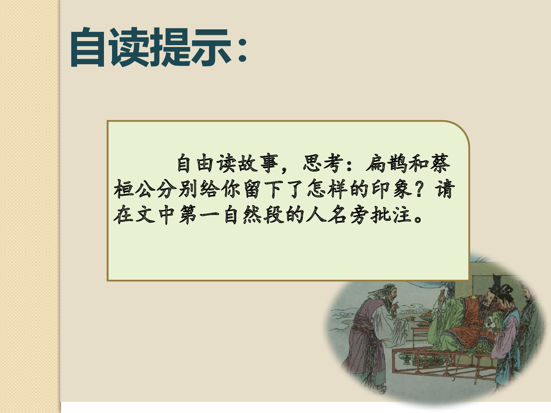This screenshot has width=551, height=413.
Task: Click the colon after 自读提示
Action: [242, 50]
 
